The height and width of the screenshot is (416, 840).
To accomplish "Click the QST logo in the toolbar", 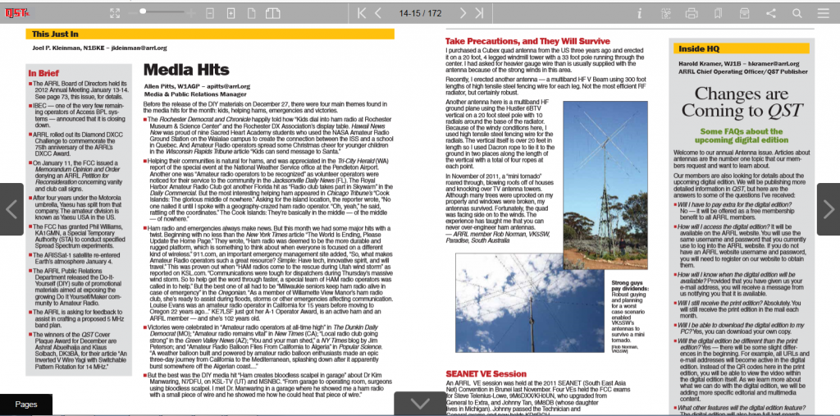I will [16, 12].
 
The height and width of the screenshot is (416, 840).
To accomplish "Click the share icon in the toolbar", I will [771, 13].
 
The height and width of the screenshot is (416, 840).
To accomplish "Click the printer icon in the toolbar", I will [692, 13].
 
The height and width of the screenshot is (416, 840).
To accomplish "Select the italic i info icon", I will [639, 13].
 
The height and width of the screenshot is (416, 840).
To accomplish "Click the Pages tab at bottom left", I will [26, 404].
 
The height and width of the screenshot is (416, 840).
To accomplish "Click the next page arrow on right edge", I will [828, 209].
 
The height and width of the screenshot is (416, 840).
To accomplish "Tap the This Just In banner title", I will [56, 34].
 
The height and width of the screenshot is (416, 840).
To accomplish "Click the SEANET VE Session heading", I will [486, 373].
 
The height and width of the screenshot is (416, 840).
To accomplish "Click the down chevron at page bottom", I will [420, 403].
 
